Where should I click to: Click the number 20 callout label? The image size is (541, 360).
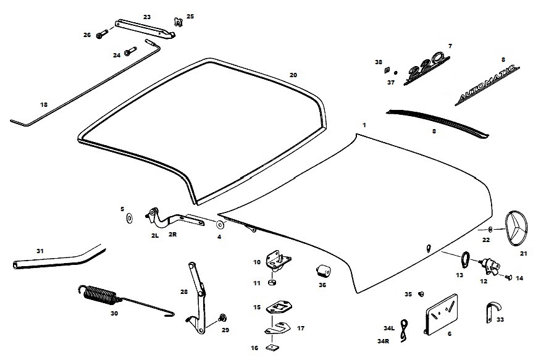pos(293,75)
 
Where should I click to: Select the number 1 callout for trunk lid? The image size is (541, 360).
pos(364,125)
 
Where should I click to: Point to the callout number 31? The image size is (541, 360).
pos(40,251)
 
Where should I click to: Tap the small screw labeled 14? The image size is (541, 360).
pos(508,278)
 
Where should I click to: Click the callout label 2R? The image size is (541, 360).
pos(174,235)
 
